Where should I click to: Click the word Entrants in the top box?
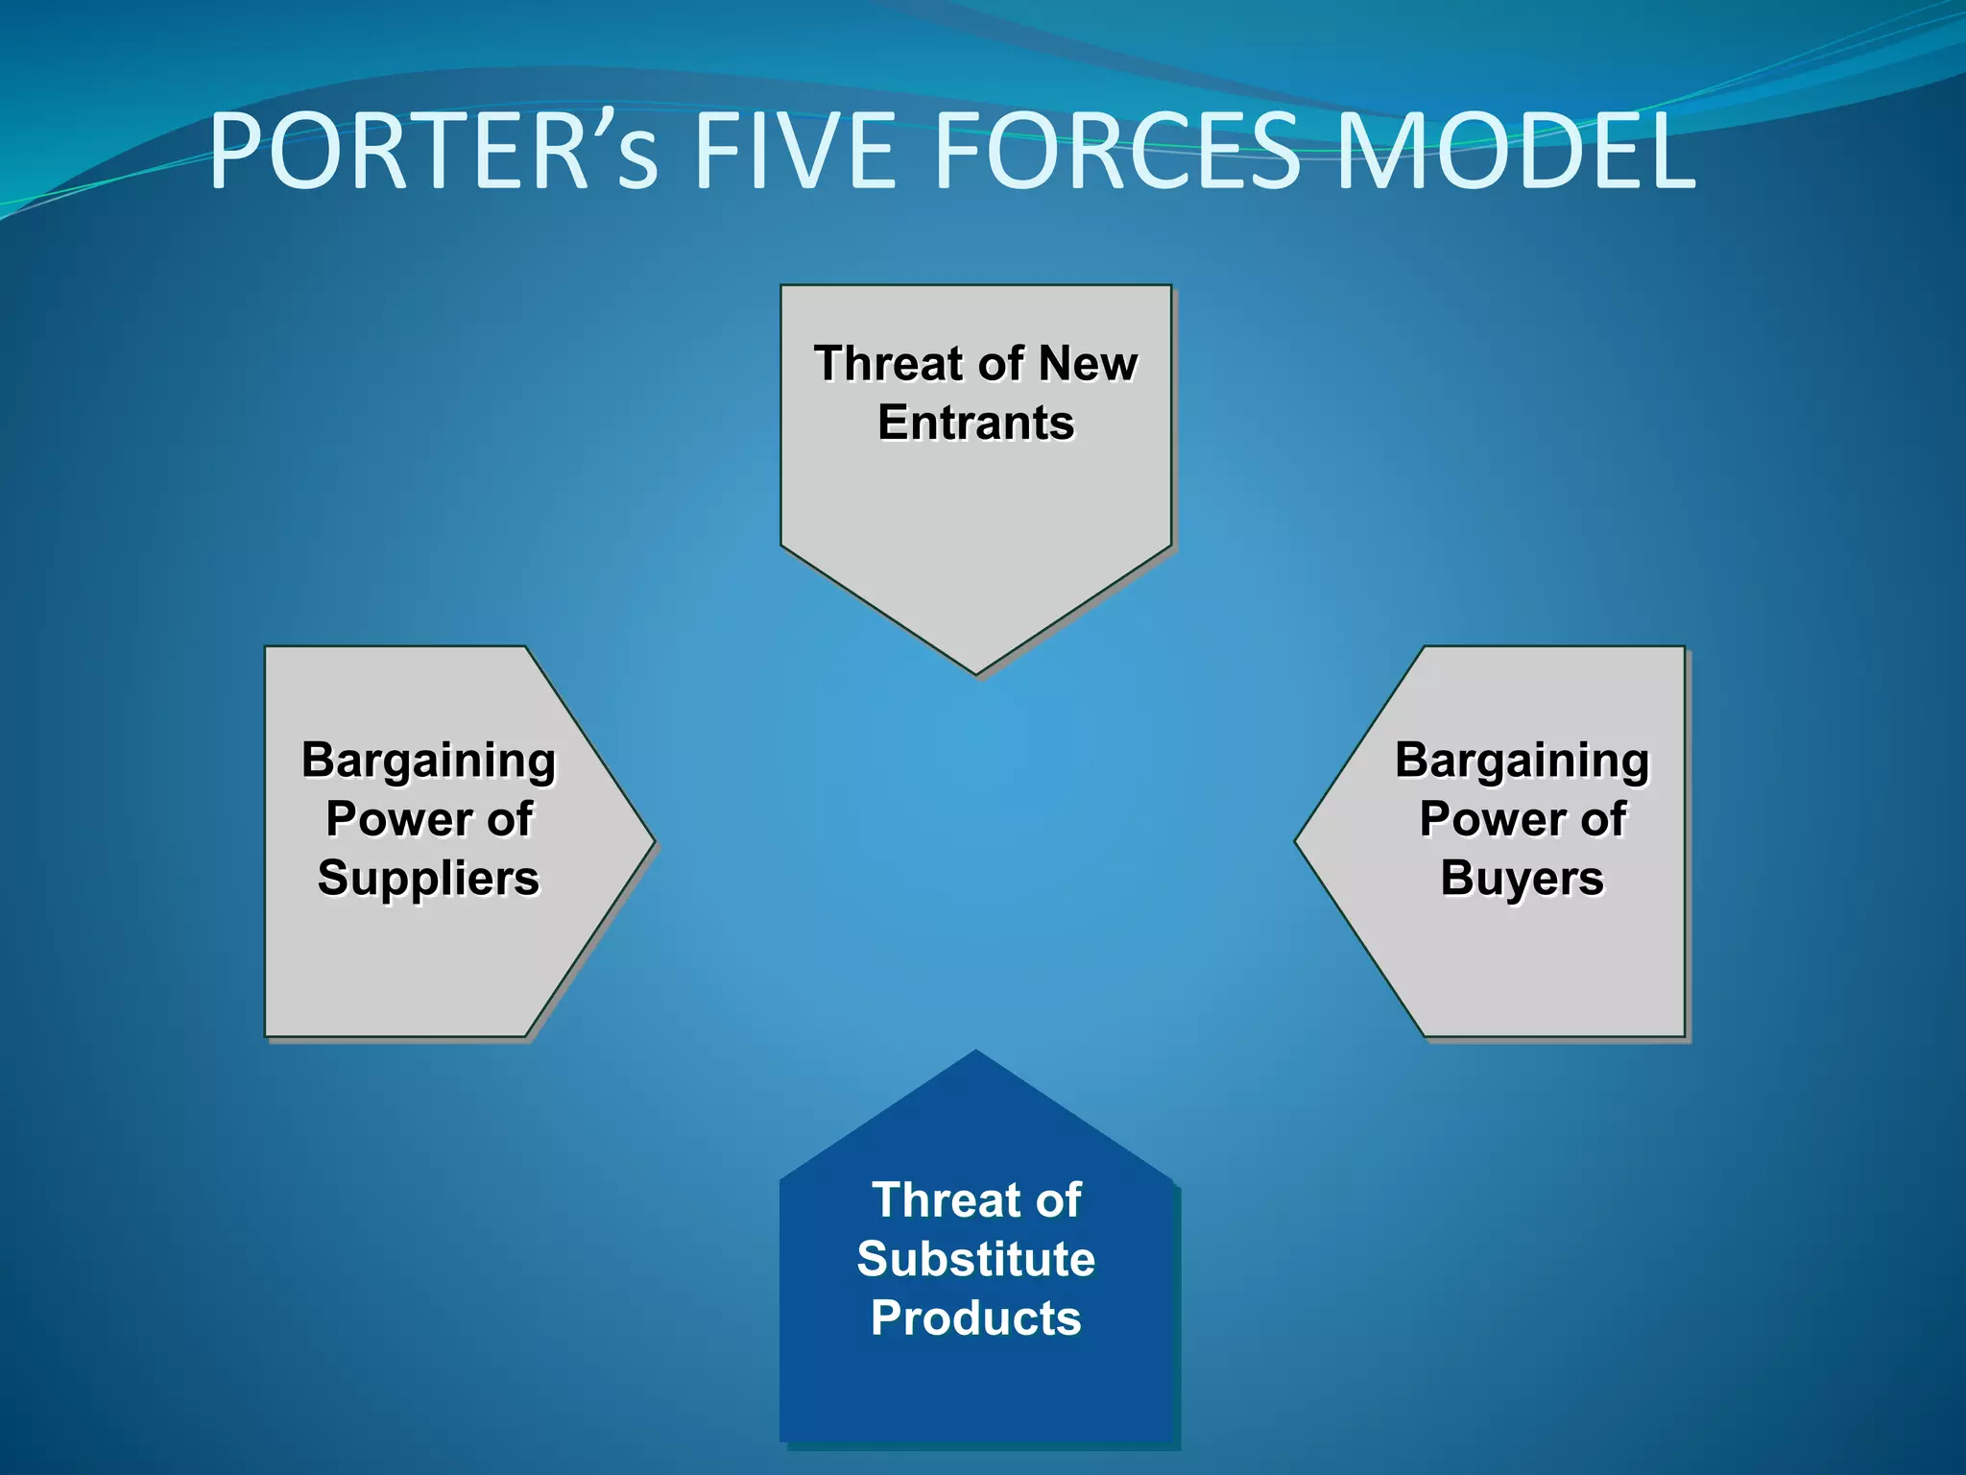976,423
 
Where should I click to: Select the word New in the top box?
1088,364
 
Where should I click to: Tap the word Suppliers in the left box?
429,878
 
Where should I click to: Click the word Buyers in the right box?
1522,878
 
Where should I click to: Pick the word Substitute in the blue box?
976,1259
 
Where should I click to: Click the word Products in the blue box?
976,1318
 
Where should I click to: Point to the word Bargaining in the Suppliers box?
429,760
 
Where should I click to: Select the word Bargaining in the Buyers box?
1522,760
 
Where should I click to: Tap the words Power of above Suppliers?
429,819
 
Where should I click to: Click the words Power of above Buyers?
1522,819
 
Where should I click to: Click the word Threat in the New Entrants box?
888,364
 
